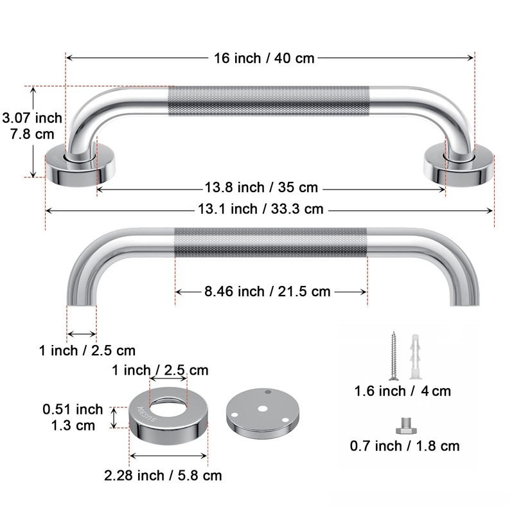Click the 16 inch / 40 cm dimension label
tap(264, 58)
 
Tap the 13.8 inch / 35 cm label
tap(261, 188)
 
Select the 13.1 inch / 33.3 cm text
tap(261, 209)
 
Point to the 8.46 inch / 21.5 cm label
tap(267, 292)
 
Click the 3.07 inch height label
tap(32, 118)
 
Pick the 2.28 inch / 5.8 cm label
tap(163, 475)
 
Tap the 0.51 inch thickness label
tap(73, 409)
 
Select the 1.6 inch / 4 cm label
tap(403, 391)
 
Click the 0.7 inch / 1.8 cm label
tap(405, 446)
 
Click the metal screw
tap(394, 357)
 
